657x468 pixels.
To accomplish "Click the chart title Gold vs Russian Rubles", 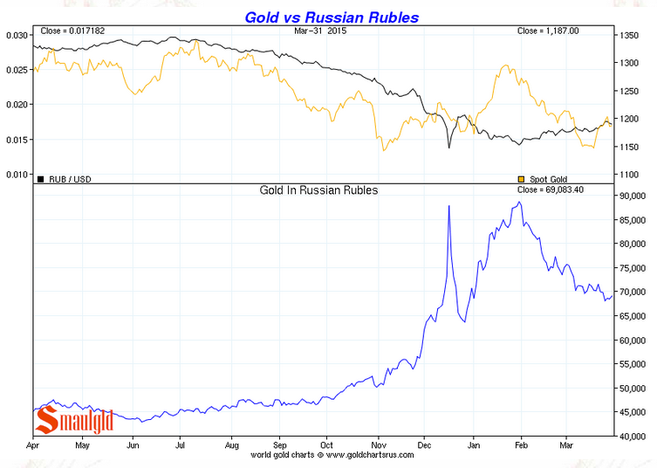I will pos(332,17).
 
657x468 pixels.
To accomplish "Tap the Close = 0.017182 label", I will pos(74,31).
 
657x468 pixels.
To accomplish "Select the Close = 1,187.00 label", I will pos(548,31).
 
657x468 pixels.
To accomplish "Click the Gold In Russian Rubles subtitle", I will pos(318,189).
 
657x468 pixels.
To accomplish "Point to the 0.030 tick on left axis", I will pos(17,35).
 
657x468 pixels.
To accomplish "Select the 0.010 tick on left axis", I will pos(17,174).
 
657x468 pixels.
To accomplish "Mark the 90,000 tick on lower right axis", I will pos(632,196).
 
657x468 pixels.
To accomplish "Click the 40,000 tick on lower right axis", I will pos(632,437).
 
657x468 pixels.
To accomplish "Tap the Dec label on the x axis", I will pos(425,444).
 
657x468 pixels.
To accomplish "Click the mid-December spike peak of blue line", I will pos(448,206).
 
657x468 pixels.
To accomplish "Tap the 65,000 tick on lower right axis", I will pos(632,316).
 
